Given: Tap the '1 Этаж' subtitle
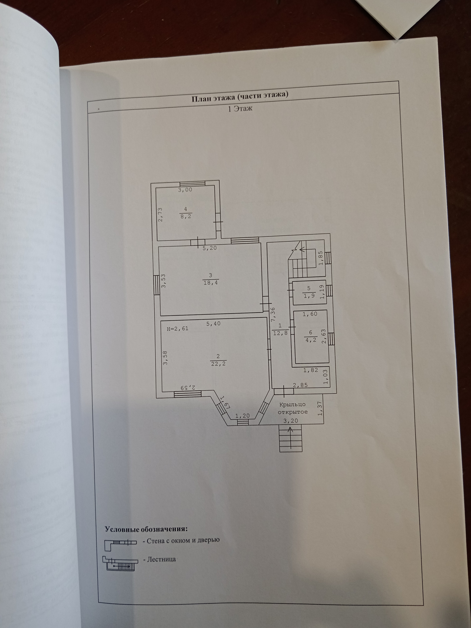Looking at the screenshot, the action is click(x=240, y=108).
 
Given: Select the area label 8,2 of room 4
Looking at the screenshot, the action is click(x=186, y=216).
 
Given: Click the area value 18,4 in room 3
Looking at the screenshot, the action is click(x=210, y=283).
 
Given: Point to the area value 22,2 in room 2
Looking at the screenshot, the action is click(x=218, y=364).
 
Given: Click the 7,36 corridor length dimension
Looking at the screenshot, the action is click(x=273, y=314).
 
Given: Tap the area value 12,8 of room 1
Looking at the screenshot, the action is click(x=280, y=333).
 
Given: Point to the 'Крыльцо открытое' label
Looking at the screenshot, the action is click(x=292, y=408).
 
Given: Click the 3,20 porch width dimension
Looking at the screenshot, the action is click(x=291, y=421).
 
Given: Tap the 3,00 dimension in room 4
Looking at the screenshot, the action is click(x=185, y=190).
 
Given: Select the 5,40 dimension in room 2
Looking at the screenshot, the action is click(x=213, y=323).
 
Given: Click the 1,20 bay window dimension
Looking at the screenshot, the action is click(x=242, y=416).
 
